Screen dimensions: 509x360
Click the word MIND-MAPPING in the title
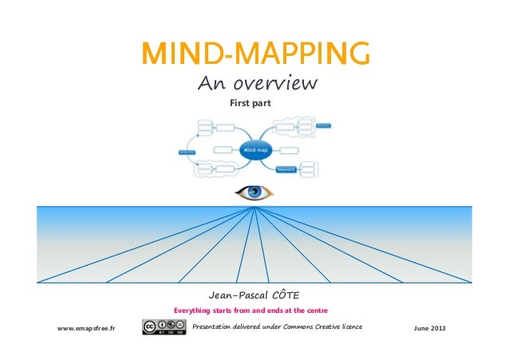[x=254, y=54]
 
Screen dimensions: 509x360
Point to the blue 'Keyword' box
[x=286, y=169]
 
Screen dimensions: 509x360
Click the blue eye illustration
[x=254, y=192]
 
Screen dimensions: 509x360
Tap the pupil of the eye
[x=254, y=192]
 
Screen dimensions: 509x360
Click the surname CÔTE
[x=283, y=295]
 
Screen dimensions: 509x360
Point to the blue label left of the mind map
[x=187, y=152]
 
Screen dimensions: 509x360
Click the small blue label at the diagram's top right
[x=323, y=125]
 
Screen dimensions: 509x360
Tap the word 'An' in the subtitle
[x=207, y=83]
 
